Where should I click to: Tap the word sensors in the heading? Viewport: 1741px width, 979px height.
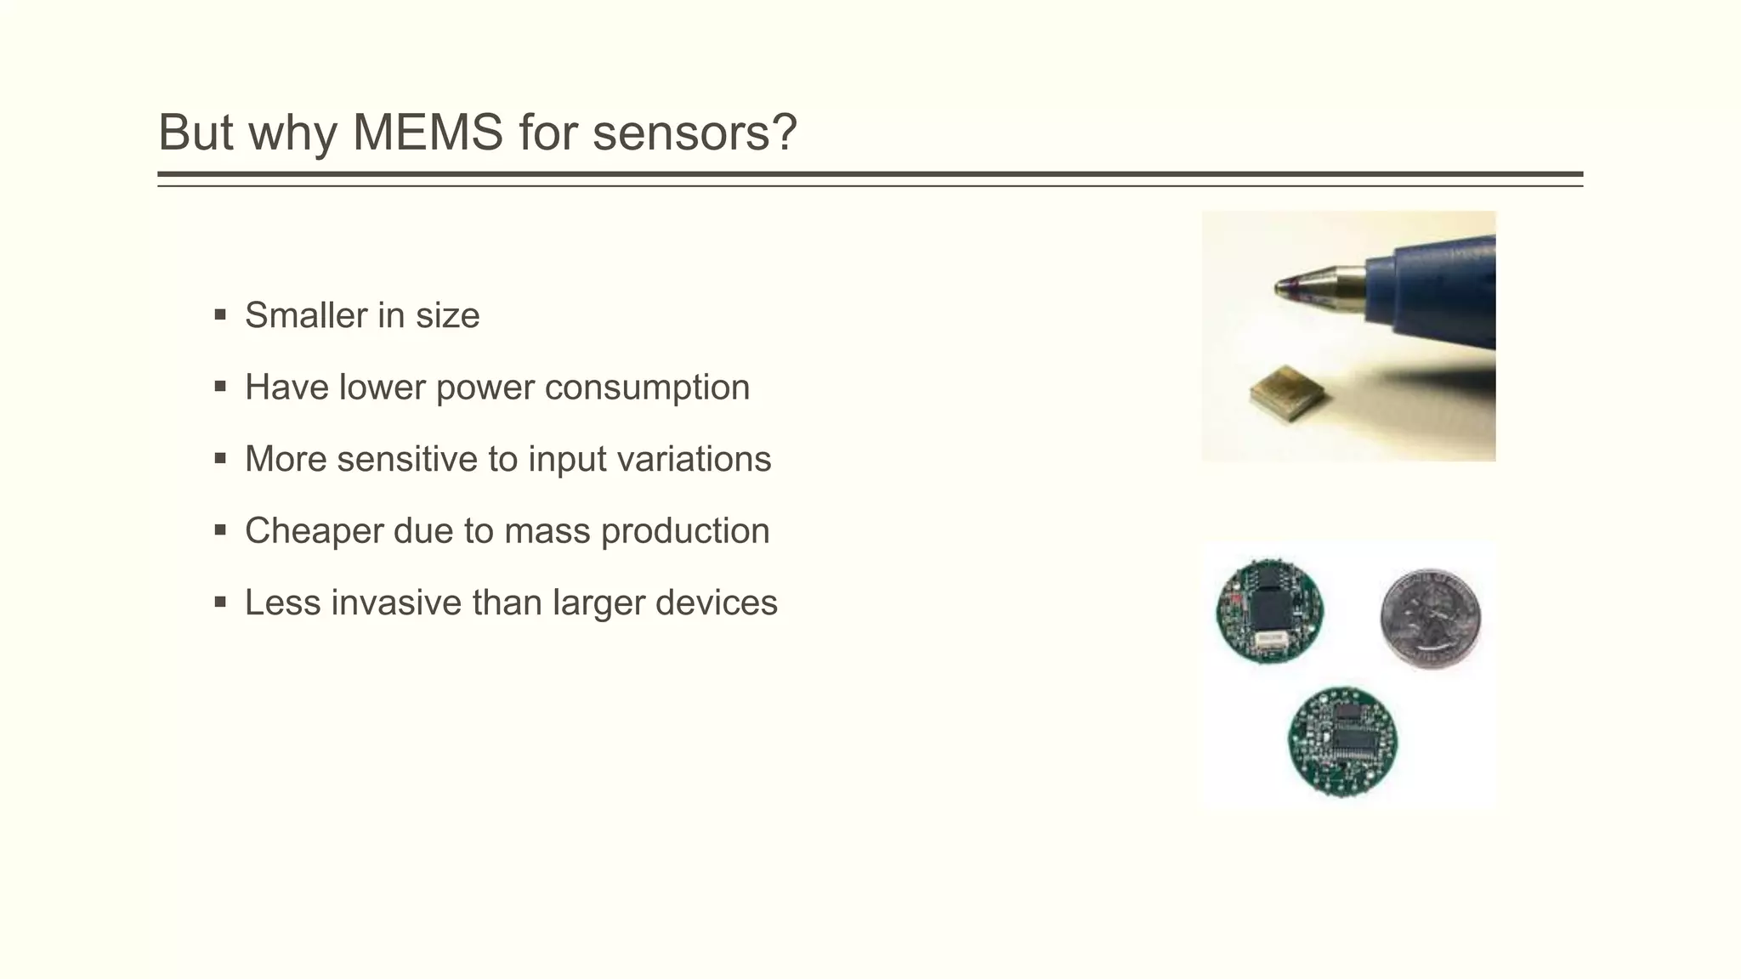(x=695, y=133)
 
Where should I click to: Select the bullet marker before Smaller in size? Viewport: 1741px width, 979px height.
(x=221, y=315)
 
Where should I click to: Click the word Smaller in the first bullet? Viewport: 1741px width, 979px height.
(x=305, y=315)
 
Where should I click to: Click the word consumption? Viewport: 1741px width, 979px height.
(x=647, y=388)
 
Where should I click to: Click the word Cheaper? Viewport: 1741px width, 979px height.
(x=314, y=531)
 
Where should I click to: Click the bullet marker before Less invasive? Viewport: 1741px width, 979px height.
(x=221, y=603)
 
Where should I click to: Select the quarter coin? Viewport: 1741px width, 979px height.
(x=1431, y=618)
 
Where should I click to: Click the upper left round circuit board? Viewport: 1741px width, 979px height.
(x=1269, y=610)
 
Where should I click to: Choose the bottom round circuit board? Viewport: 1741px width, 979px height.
(x=1342, y=742)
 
